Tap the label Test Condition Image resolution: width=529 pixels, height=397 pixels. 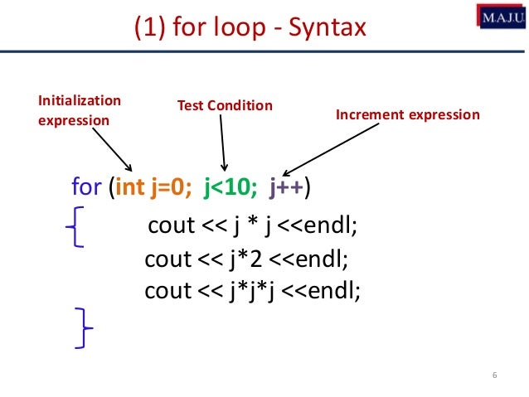coord(225,106)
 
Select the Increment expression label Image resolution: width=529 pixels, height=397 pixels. coord(407,114)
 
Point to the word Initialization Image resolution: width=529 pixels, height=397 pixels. coord(80,101)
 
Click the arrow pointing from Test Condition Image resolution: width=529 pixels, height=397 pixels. coord(222,141)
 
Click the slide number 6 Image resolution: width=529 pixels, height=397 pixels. coord(494,378)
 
